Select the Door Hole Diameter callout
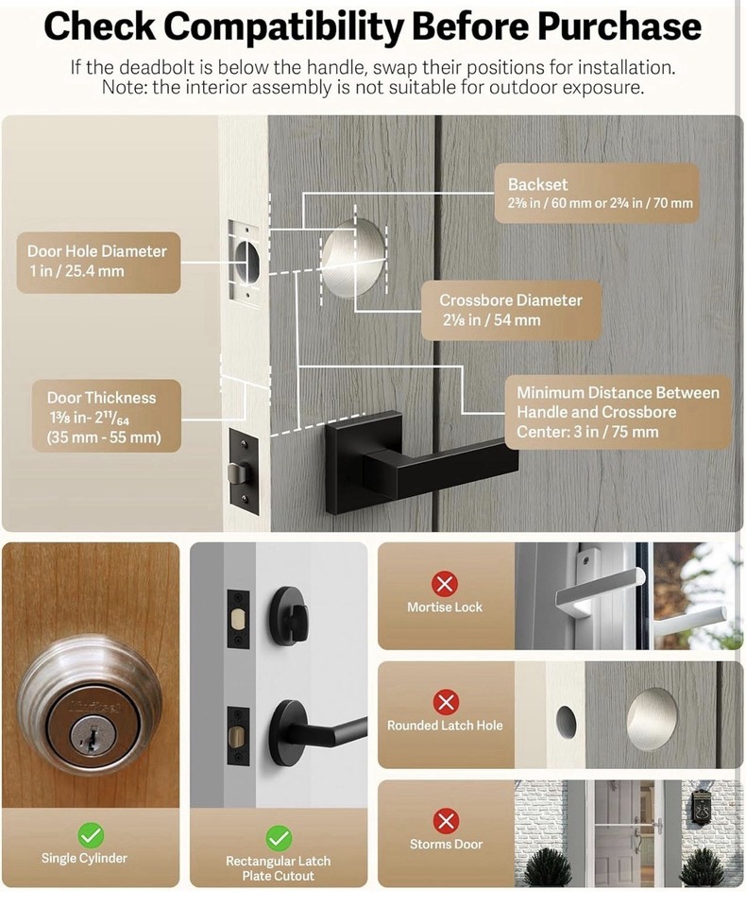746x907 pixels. (97, 262)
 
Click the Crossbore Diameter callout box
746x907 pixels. (510, 310)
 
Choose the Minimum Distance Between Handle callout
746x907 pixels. (618, 412)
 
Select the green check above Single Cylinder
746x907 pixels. (91, 835)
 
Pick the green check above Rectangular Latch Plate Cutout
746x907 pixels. (278, 837)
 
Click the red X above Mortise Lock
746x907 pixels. (445, 583)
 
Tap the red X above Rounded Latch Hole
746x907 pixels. (445, 702)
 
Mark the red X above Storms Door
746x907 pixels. (446, 820)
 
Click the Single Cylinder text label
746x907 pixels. (84, 859)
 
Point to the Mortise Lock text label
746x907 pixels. (445, 608)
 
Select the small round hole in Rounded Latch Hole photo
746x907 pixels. (566, 721)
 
